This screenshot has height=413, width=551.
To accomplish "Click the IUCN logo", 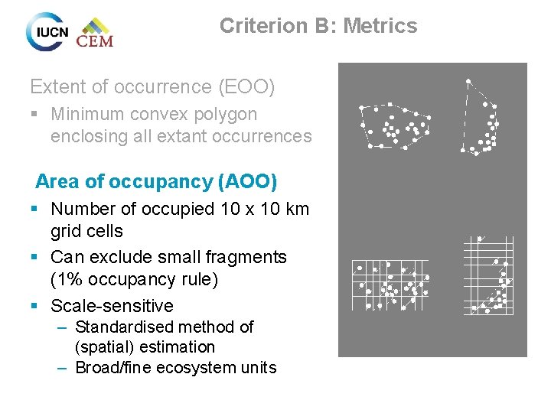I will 47,31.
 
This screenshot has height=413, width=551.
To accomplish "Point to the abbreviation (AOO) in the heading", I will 247,182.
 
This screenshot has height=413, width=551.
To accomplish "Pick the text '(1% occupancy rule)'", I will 135,279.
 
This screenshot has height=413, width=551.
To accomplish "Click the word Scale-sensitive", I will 112,306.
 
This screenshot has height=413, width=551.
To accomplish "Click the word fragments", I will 249,257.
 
